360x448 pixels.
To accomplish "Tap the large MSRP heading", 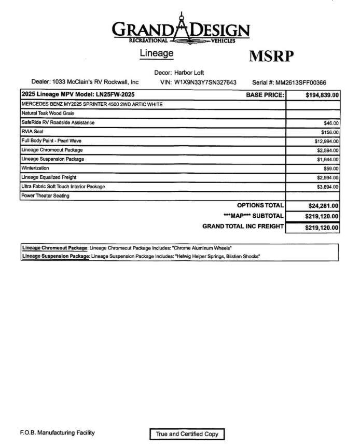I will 272,56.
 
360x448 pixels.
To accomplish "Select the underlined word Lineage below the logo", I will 156,53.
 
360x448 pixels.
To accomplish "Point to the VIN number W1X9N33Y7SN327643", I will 205,82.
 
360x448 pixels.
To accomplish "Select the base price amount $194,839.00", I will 322,95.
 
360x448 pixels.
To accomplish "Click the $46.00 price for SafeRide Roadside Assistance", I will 331,123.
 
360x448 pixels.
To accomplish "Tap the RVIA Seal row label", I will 32,132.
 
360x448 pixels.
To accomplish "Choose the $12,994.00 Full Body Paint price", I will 326,141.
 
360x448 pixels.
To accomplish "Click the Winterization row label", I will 35,168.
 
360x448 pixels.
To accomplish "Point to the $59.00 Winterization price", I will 331,169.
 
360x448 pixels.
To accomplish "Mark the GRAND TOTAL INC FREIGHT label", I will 243,226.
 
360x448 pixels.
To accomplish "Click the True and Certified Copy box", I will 187,434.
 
